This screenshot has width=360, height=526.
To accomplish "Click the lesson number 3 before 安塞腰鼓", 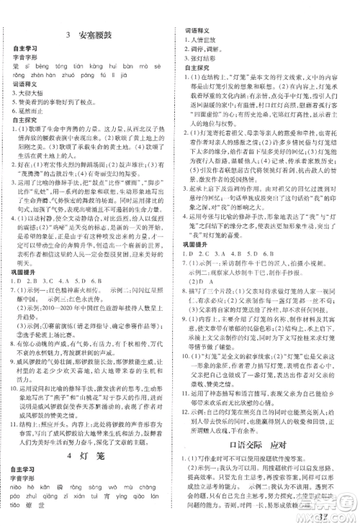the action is coord(66,33).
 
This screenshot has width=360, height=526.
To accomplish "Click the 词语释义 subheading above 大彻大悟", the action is coord(24,84).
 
